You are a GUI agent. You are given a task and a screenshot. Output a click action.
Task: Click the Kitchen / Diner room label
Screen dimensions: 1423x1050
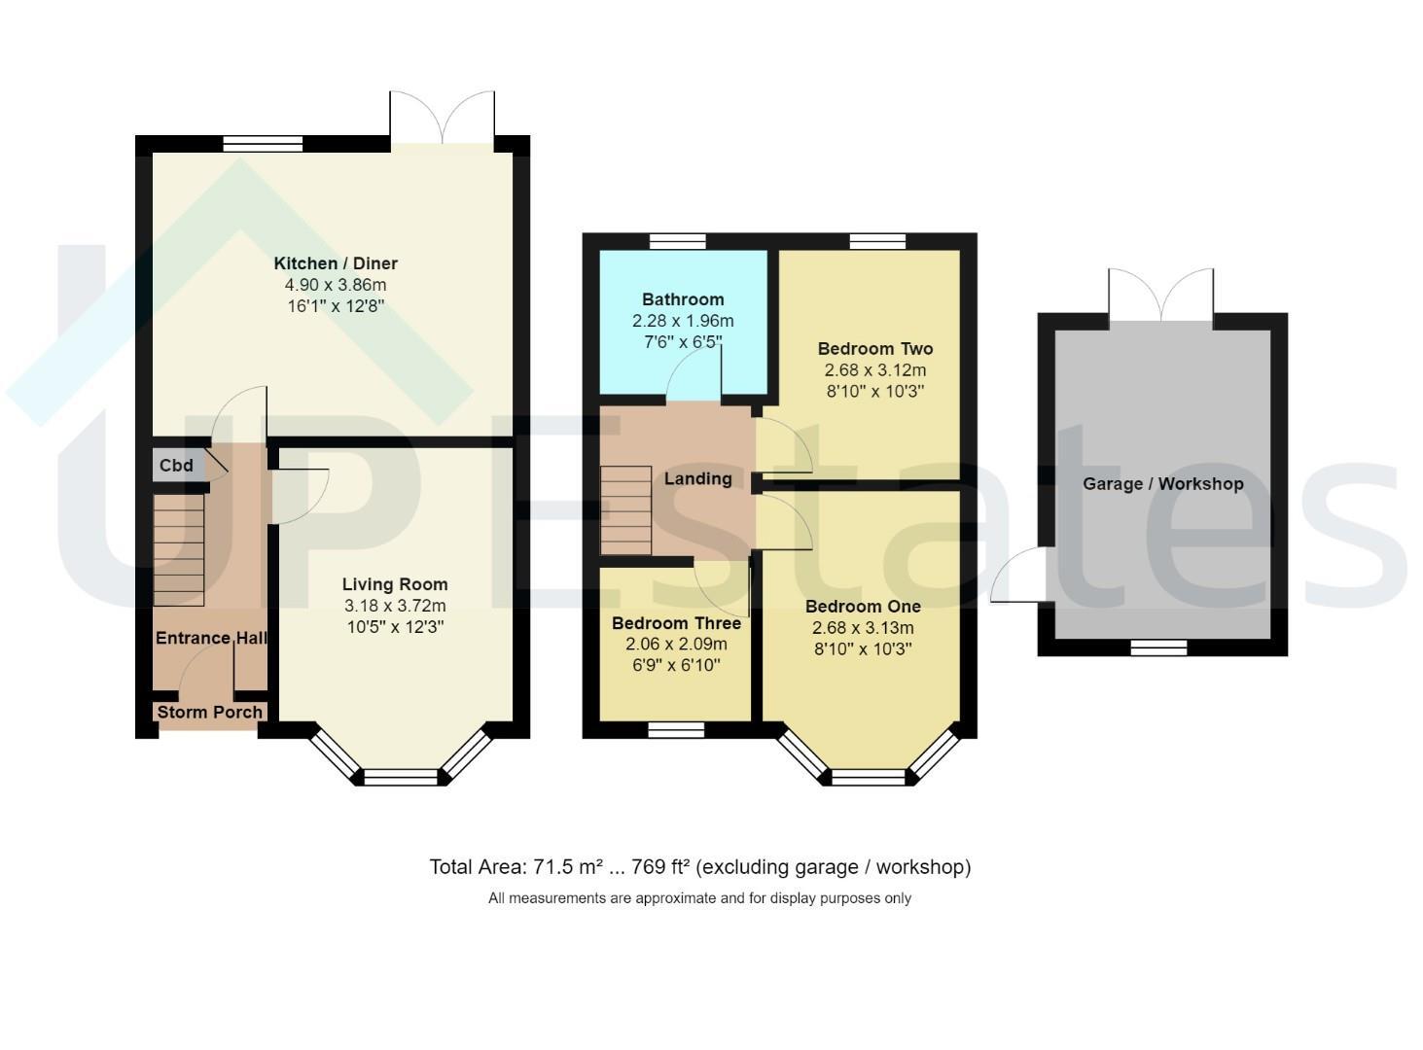336,262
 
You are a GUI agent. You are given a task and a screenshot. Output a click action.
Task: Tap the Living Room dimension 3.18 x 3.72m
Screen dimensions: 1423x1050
395,606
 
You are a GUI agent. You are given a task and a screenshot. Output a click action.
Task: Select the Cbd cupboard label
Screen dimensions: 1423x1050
176,465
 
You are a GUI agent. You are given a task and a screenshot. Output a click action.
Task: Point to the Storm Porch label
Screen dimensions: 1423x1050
210,712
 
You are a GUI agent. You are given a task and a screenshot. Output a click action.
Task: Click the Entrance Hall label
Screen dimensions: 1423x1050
211,638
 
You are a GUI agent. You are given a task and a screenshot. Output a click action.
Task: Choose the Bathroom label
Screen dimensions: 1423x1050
683,299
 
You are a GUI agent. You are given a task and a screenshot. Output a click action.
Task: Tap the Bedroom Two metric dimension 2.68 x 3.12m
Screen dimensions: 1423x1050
875,370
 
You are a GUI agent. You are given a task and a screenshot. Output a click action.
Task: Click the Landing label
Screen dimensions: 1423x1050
697,478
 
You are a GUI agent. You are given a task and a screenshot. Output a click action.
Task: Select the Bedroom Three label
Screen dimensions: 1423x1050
676,623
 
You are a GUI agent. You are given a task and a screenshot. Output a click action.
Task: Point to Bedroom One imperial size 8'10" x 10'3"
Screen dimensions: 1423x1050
863,649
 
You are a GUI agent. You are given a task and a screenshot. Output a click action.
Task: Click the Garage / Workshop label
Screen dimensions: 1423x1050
1162,483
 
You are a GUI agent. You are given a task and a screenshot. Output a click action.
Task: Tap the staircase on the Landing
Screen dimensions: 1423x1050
625,509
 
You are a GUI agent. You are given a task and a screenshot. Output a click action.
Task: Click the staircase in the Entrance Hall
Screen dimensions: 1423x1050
178,549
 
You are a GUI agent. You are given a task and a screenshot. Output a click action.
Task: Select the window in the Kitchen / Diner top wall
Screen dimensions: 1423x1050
263,144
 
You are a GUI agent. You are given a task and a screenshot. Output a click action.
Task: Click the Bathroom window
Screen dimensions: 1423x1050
678,241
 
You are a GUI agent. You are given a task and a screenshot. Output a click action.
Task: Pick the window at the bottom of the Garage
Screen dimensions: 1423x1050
1158,647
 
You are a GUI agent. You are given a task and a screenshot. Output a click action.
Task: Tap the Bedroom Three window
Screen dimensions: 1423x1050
676,730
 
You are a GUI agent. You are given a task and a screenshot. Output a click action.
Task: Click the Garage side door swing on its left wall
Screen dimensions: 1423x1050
1016,574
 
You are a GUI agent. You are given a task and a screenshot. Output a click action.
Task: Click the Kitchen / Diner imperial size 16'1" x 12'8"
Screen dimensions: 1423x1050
336,306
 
